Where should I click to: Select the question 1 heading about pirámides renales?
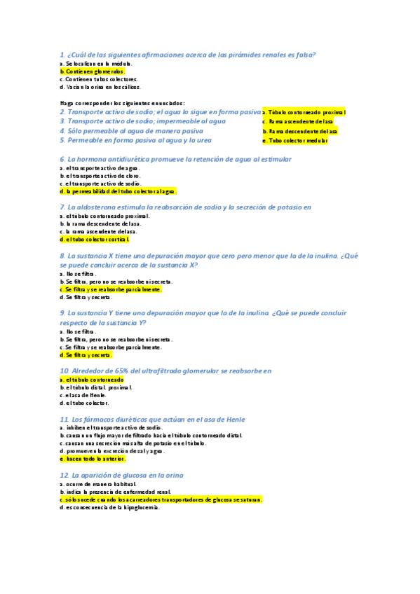[x=187, y=55]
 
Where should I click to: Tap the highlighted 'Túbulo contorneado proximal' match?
[x=304, y=112]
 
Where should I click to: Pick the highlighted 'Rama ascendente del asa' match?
[x=297, y=121]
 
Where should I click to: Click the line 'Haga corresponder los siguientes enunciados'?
[x=122, y=103]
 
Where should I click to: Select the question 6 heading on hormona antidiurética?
[x=175, y=160]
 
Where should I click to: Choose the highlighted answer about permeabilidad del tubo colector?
[x=118, y=191]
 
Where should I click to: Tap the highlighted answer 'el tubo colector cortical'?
[x=95, y=239]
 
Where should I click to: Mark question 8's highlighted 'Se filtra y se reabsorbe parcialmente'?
[x=111, y=289]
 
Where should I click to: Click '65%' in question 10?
[x=121, y=371]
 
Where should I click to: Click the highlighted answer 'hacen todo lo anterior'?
[x=93, y=459]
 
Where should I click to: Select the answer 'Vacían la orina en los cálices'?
[x=100, y=88]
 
